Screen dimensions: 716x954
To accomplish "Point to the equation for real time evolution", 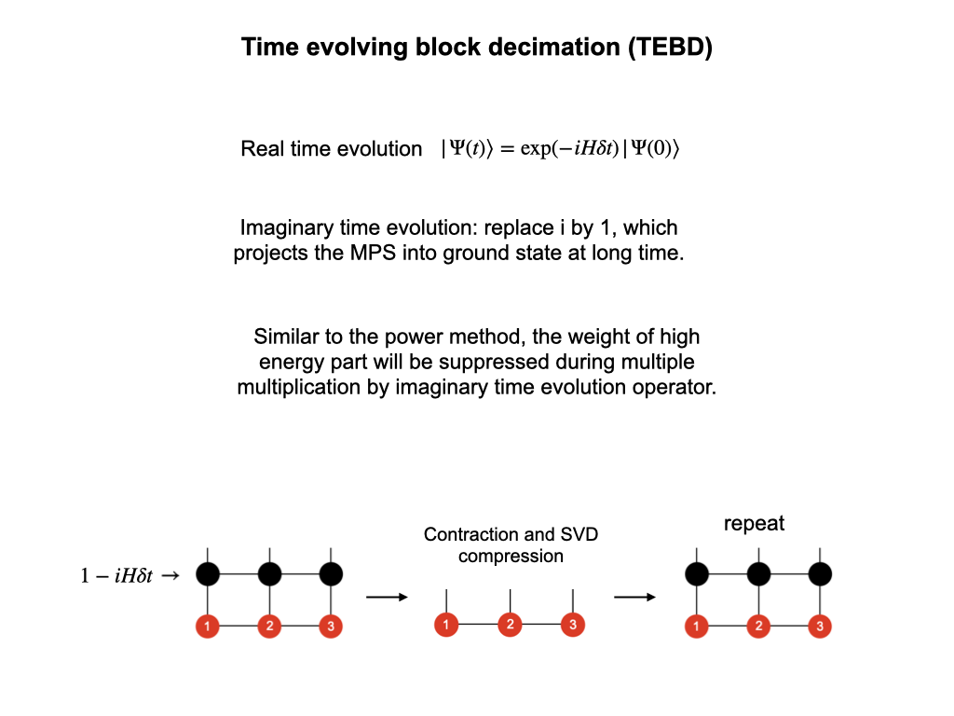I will (x=560, y=149).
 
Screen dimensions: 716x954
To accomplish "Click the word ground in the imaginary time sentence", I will (x=475, y=254).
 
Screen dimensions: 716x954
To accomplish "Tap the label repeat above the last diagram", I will (x=754, y=523).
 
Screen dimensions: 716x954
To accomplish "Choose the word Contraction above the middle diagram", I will (x=470, y=534).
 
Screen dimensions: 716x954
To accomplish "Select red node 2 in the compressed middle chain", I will (x=510, y=624).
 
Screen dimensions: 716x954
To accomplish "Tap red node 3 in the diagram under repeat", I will (x=820, y=626).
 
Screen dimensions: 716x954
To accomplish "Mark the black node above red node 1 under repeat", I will (x=696, y=573).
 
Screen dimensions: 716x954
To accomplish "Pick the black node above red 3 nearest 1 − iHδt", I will (x=331, y=573).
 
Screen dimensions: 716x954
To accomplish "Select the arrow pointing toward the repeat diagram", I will (x=634, y=597).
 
